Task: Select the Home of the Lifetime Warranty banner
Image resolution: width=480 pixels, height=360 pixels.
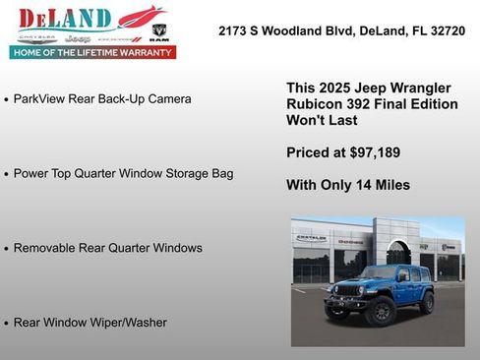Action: (x=96, y=52)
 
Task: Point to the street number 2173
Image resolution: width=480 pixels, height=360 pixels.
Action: (x=234, y=31)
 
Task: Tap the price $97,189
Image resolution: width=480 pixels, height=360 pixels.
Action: (x=373, y=152)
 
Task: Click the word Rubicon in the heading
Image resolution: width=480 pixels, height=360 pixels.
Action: (x=313, y=104)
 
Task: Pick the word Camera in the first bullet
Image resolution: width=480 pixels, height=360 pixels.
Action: (x=168, y=99)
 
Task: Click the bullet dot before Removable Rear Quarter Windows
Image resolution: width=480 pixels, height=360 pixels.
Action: (x=7, y=249)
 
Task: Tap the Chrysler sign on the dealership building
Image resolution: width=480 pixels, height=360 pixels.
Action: (x=311, y=238)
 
